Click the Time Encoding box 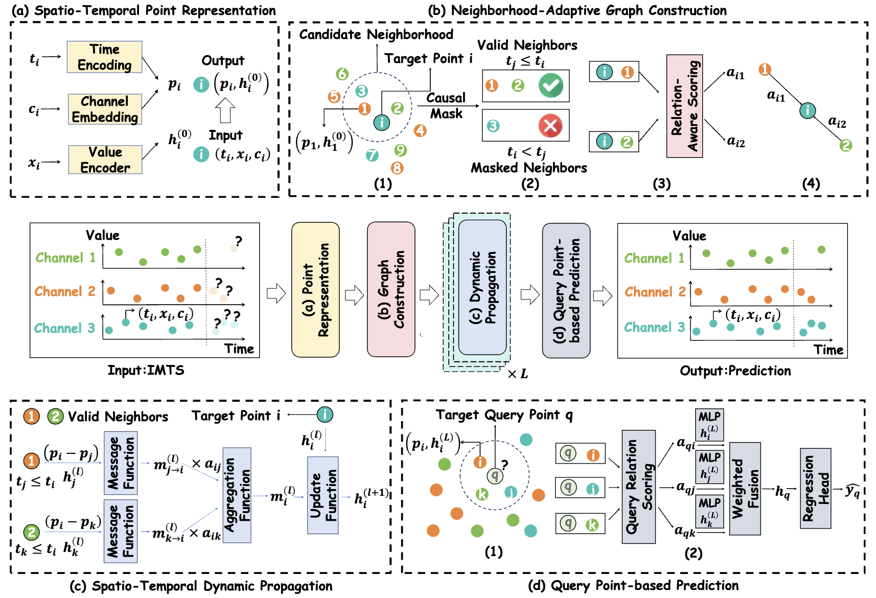[104, 57]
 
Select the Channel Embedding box [105, 109]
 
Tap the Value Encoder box [105, 159]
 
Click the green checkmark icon [550, 85]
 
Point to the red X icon [550, 125]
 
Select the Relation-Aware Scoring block [684, 106]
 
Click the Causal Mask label [446, 105]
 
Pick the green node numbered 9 [400, 150]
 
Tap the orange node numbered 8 [397, 168]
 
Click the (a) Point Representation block [315, 289]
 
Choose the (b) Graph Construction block [391, 289]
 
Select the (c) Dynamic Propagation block [482, 287]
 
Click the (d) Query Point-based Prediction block [566, 290]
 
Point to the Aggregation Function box [237, 495]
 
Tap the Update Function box [323, 495]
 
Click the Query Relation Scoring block [638, 487]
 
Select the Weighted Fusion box [745, 489]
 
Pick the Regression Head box [815, 488]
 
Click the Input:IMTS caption [146, 370]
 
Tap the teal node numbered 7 [372, 155]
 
